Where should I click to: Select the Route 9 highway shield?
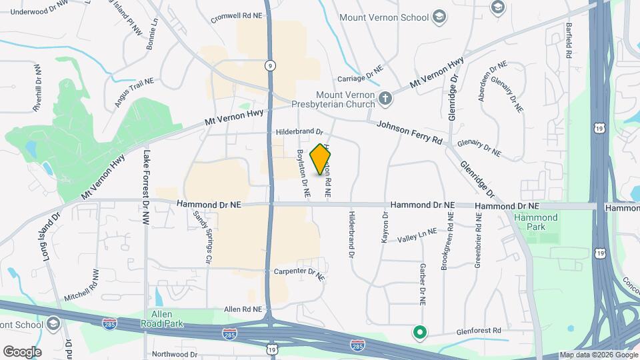[x=269, y=65]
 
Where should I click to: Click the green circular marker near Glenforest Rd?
[x=420, y=331]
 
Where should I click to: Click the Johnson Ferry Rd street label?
[x=409, y=133]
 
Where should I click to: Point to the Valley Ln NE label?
[x=417, y=235]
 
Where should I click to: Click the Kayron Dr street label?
[x=385, y=227]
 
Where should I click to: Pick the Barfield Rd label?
[x=570, y=41]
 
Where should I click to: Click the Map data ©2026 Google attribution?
[x=599, y=355]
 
